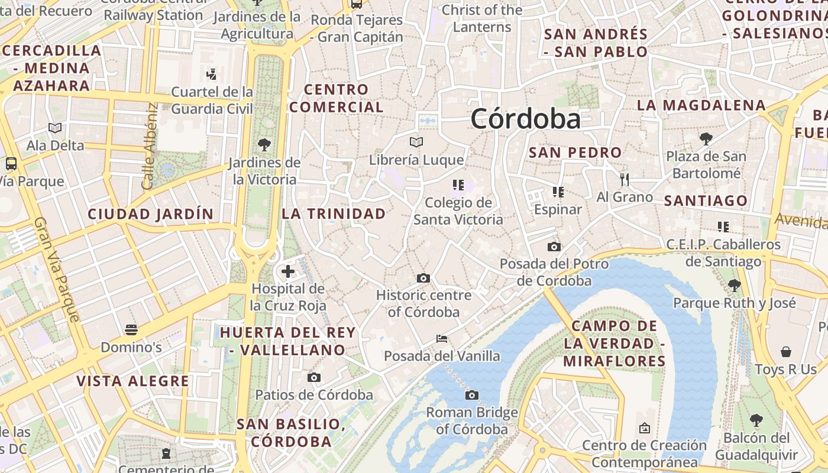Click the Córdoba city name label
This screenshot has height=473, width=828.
[x=526, y=119]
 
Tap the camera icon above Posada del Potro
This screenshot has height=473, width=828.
[x=554, y=247]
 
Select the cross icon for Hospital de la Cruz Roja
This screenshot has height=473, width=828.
[x=288, y=271]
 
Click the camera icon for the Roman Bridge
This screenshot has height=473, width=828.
[x=471, y=395]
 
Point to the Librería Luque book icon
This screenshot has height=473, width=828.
[x=416, y=142]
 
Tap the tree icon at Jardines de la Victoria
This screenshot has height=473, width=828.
[x=264, y=144]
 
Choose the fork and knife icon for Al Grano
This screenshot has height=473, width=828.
[x=625, y=179]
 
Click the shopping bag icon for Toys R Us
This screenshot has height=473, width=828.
[x=786, y=352]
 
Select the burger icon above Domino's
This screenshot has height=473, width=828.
[x=131, y=329]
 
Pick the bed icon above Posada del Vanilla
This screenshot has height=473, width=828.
[x=441, y=339]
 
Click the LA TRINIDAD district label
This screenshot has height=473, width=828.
[x=334, y=213]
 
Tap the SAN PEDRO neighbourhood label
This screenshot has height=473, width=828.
[x=575, y=153]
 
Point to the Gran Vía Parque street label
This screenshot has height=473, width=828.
[x=57, y=269]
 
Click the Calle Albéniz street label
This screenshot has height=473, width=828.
[x=150, y=147]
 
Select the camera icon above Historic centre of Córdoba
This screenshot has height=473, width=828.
[x=423, y=278]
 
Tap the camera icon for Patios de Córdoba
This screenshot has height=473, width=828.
[x=314, y=377]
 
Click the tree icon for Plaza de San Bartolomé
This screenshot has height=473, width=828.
[x=706, y=139]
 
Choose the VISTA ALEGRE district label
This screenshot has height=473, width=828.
[x=133, y=381]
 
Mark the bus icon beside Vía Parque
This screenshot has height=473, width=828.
[x=11, y=163]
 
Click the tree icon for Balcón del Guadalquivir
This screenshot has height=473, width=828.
[x=756, y=420]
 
